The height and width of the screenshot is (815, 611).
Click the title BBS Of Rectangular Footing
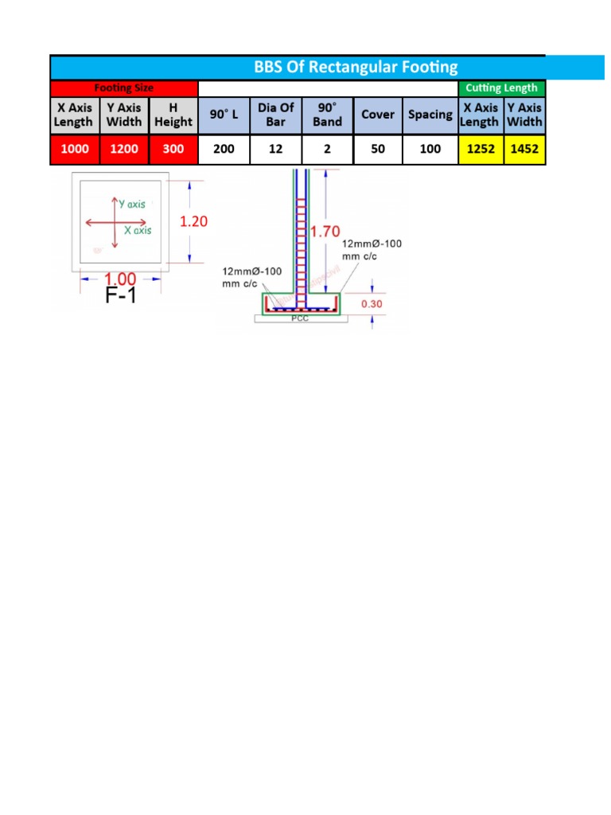356,68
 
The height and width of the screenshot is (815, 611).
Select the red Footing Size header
124,88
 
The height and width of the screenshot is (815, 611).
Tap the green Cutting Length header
502,88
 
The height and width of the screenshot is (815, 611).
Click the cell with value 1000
73,149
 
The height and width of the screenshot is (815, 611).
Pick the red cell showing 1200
123,149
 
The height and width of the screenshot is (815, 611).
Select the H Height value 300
173,149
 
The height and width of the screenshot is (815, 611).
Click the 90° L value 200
224,149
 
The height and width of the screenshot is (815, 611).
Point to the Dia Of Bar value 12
276,149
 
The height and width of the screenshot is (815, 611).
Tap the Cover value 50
378,149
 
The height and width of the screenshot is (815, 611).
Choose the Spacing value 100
430,149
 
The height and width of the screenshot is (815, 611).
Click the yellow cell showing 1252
481,149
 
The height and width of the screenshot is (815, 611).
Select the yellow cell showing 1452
524,149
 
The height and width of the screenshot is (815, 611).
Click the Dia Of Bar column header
276,115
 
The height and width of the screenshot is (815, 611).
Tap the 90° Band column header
327,115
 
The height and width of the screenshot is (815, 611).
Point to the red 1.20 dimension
194,222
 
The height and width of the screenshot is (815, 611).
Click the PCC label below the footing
299,318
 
